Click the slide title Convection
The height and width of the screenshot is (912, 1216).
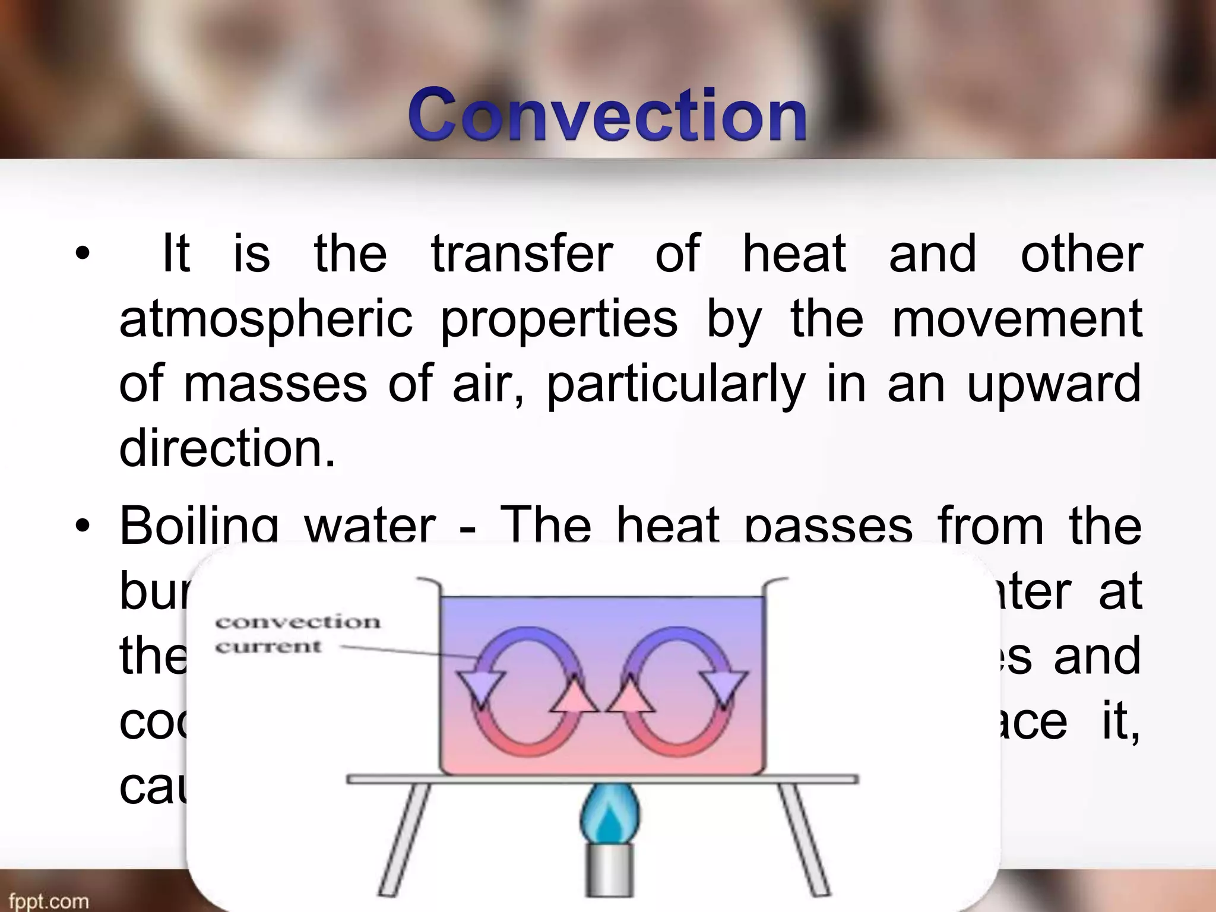(607, 114)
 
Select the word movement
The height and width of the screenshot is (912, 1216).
(1017, 318)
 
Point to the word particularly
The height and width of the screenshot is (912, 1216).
(675, 384)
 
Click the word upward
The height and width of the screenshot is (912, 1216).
(1053, 384)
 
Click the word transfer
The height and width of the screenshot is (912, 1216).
(522, 254)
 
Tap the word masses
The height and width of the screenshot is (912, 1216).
(275, 384)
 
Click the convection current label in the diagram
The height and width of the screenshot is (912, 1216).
(297, 634)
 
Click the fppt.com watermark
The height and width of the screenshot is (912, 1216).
(49, 901)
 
